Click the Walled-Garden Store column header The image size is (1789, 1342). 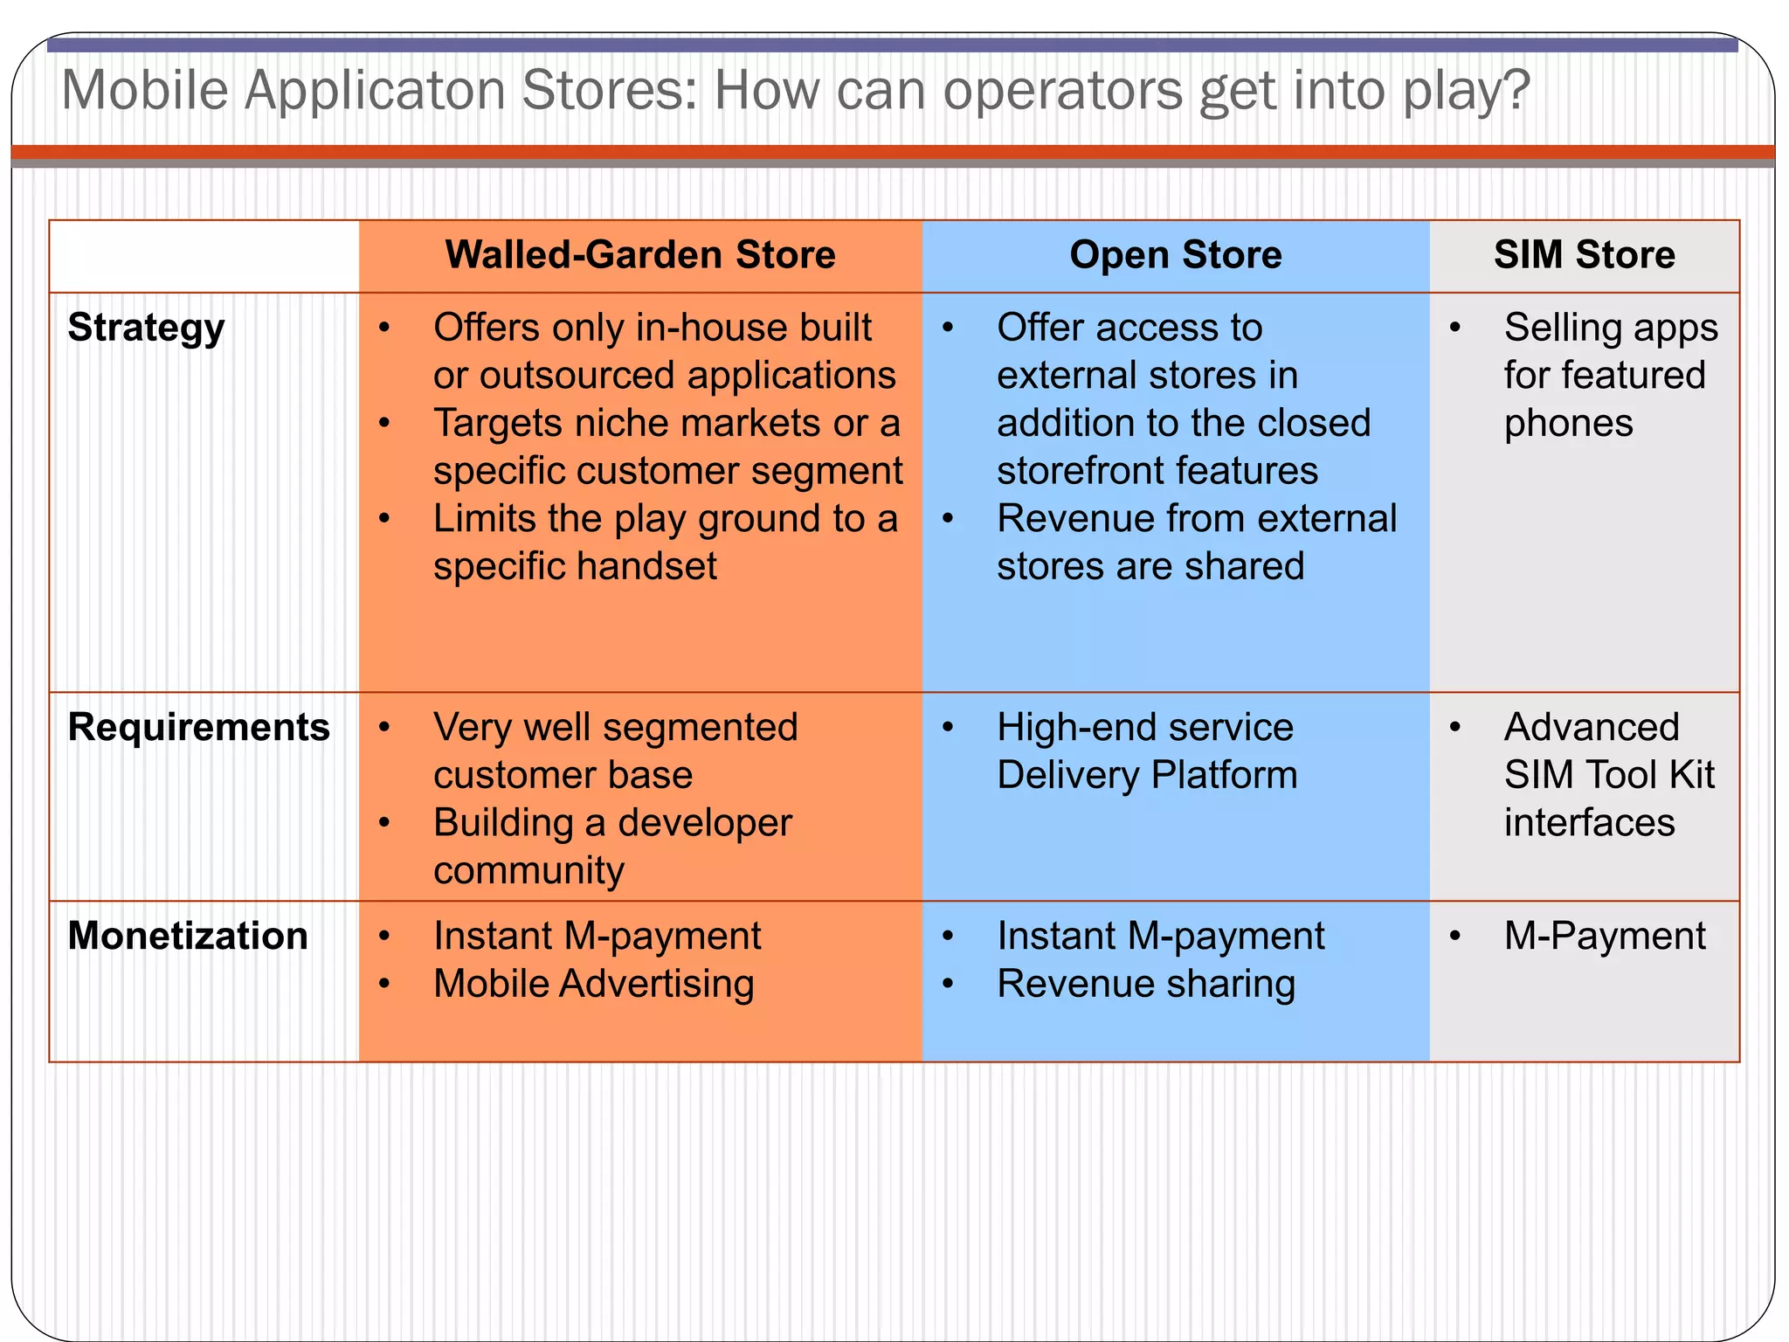coord(640,255)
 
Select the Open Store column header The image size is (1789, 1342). coord(1175,255)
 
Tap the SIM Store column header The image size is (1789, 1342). coord(1584,255)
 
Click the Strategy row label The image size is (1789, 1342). coord(146,329)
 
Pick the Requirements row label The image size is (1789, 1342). coord(198,727)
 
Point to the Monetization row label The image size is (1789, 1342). coord(188,936)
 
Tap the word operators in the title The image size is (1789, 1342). coord(1062,91)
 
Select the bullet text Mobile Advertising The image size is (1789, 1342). coord(593,984)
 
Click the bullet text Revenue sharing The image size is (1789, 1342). coord(1145,984)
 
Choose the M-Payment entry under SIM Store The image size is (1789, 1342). coord(1604,936)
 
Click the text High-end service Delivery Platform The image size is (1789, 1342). coord(1146,751)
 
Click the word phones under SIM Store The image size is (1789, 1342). coord(1568,424)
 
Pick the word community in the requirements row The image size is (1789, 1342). coord(528,870)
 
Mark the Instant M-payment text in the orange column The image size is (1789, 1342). coord(597,936)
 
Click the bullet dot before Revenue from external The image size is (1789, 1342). coord(948,519)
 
